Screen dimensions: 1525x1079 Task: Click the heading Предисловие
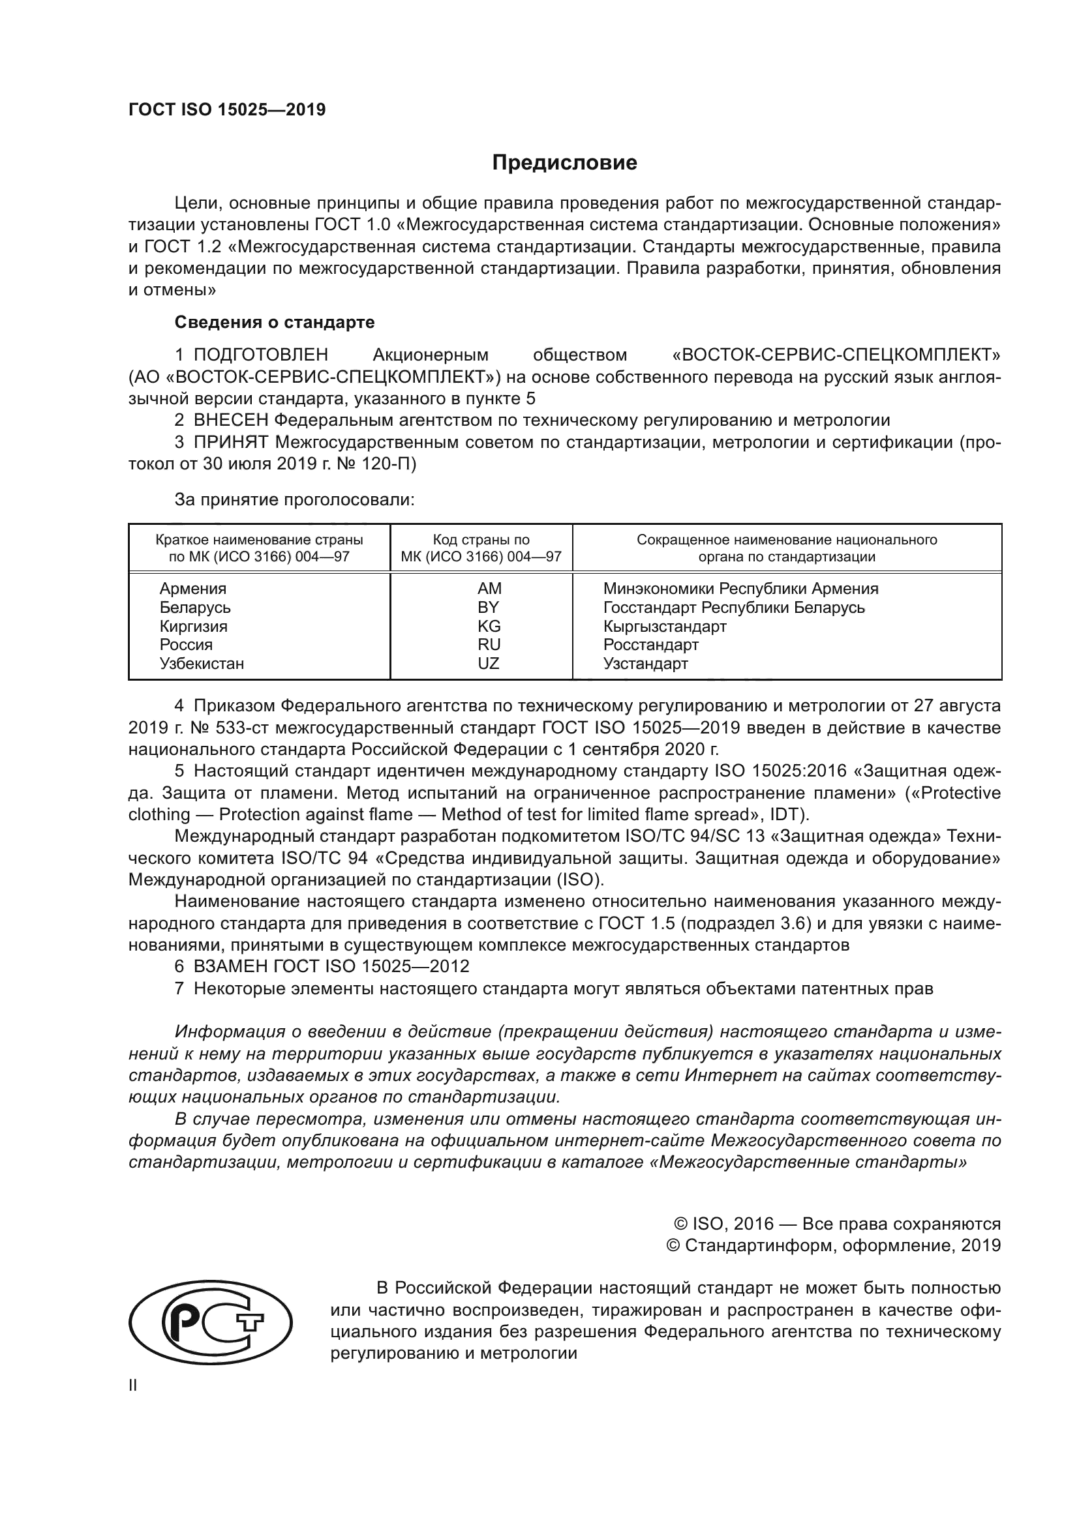point(564,163)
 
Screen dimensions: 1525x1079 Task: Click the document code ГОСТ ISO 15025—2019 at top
point(226,110)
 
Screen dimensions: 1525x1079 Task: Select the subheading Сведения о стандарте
point(275,322)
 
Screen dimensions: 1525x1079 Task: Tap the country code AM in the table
point(489,589)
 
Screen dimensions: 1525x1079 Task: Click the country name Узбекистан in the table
point(202,664)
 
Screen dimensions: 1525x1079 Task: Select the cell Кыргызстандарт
point(664,627)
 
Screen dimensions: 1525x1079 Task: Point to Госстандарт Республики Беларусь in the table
point(733,608)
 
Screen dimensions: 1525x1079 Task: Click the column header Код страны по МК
point(481,548)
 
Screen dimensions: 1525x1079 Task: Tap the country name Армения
point(192,589)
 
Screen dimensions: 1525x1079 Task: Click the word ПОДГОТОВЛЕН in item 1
point(260,355)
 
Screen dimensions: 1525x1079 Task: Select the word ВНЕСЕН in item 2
point(230,421)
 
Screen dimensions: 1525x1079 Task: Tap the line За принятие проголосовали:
point(294,500)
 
